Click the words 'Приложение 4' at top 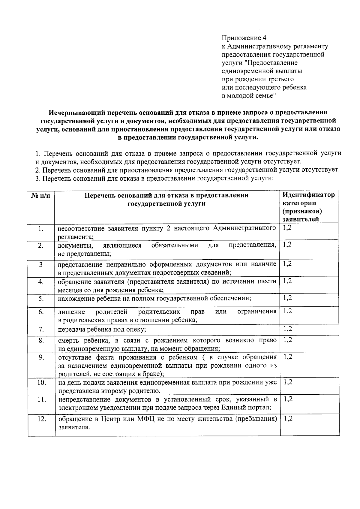tap(244, 38)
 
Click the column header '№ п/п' tap(40, 195)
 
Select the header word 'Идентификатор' tap(309, 195)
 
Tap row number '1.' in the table tap(41, 229)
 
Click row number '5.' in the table tap(41, 299)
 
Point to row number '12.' tap(42, 419)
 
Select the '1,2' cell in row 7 tap(287, 329)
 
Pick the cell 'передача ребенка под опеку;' tap(102, 330)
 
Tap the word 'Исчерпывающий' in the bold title tap(76, 113)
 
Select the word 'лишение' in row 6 tap(71, 312)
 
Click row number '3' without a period tap(41, 264)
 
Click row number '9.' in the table tap(41, 357)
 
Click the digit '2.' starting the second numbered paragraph tap(37, 170)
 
